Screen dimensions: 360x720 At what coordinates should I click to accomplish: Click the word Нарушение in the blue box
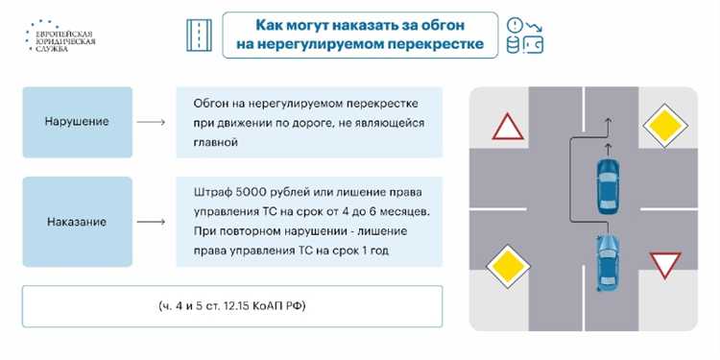pyautogui.click(x=77, y=122)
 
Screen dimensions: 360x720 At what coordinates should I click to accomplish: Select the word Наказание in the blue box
pyautogui.click(x=77, y=222)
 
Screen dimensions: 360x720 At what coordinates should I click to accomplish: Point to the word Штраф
pyautogui.click(x=214, y=188)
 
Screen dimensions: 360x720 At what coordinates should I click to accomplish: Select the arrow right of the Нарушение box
pyautogui.click(x=152, y=123)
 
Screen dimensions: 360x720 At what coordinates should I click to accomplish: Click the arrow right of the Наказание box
pyautogui.click(x=152, y=222)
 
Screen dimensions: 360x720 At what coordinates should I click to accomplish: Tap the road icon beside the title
pyautogui.click(x=199, y=36)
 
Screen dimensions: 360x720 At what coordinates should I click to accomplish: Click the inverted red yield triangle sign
pyautogui.click(x=664, y=264)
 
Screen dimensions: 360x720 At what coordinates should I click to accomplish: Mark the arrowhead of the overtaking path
pyautogui.click(x=607, y=122)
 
